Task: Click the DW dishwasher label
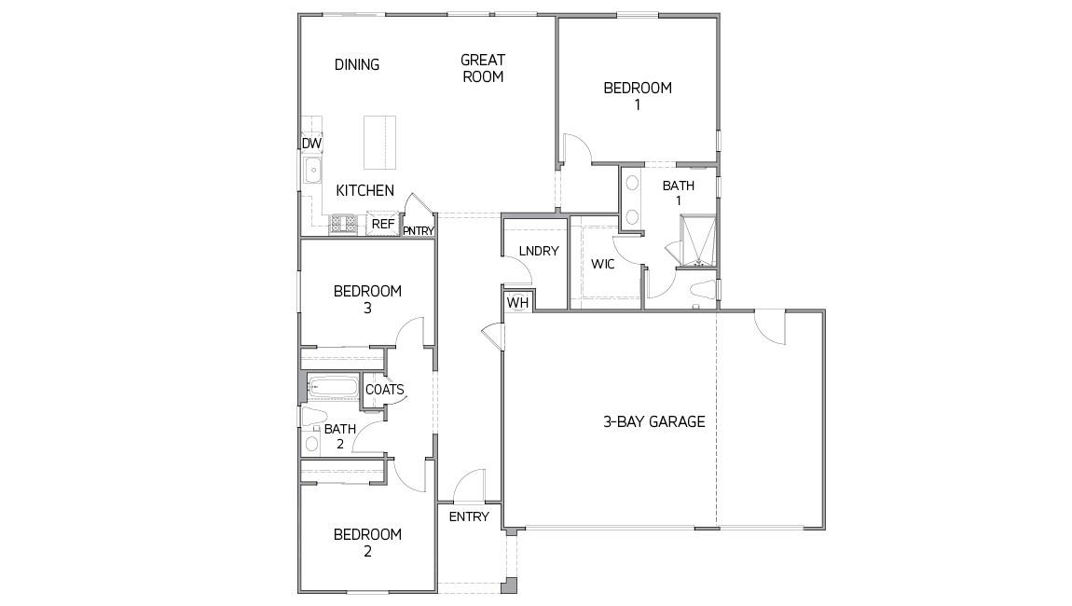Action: coord(311,144)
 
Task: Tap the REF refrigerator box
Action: coord(382,224)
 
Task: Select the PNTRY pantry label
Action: coord(419,230)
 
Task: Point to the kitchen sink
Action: coord(313,172)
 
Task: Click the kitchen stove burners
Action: coord(344,224)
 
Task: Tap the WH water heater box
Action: coord(518,302)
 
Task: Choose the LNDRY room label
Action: coord(539,251)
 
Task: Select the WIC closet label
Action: coord(603,264)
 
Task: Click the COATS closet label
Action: coord(384,390)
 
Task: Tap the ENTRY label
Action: coord(469,516)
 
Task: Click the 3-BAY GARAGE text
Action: coord(653,421)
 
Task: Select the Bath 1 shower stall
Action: coord(698,240)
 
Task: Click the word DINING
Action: coord(357,64)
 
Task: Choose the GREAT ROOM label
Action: coord(483,68)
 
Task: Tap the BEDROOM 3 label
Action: coord(367,298)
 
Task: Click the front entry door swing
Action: coord(470,484)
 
